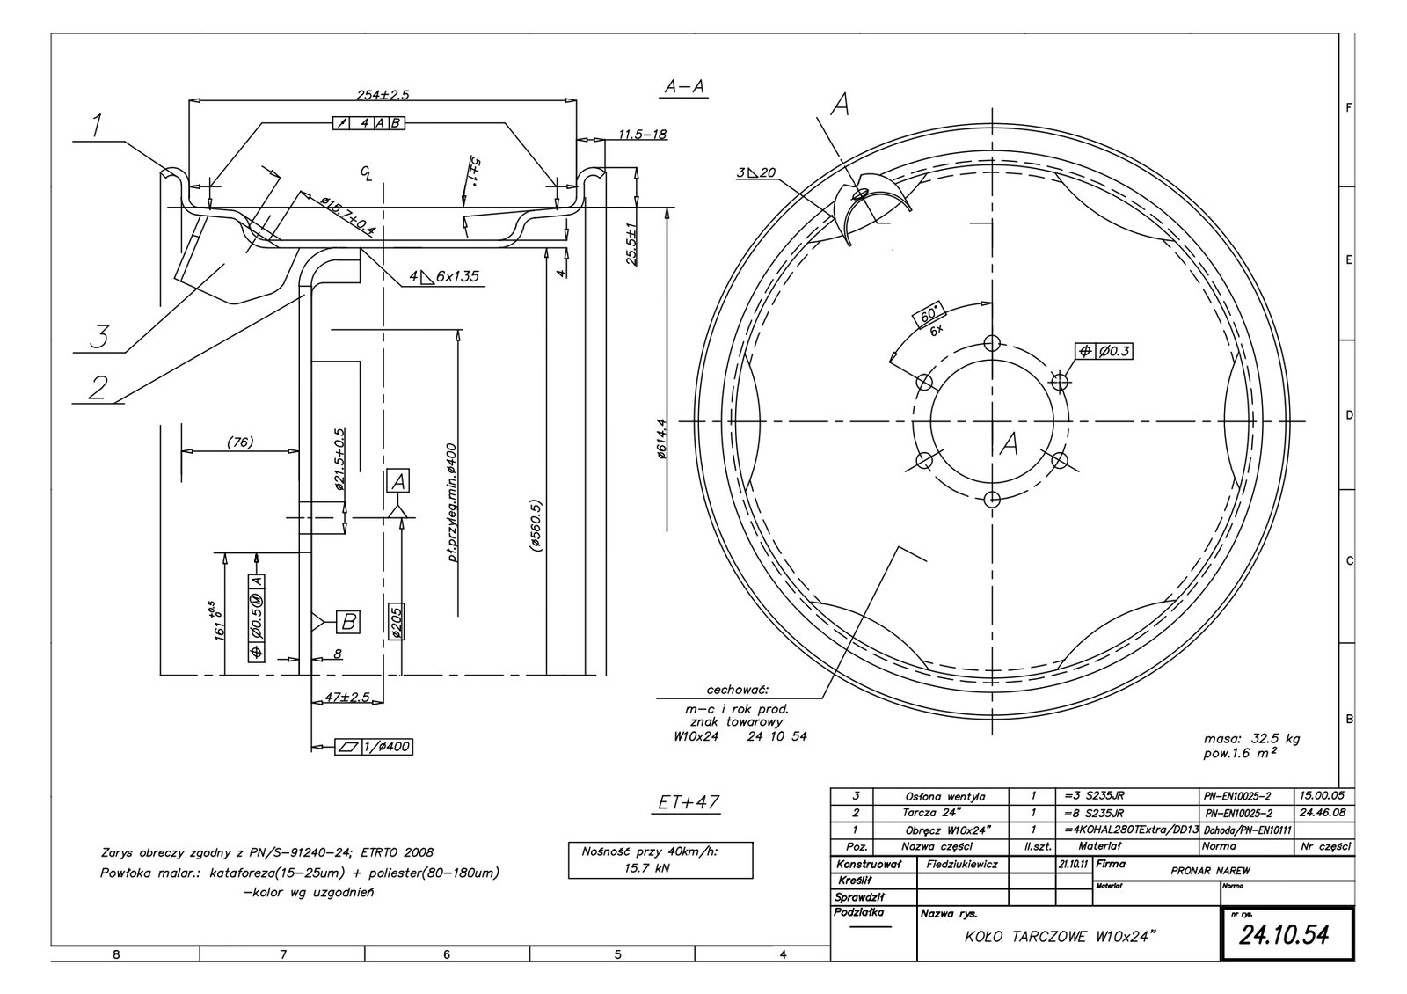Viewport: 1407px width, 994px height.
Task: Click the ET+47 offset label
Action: [689, 803]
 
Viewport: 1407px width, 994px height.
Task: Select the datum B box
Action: [348, 622]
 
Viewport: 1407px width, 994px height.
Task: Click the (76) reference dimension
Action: [240, 442]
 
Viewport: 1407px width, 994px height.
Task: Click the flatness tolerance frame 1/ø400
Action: [373, 747]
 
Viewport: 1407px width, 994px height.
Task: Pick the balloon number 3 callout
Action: [103, 335]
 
